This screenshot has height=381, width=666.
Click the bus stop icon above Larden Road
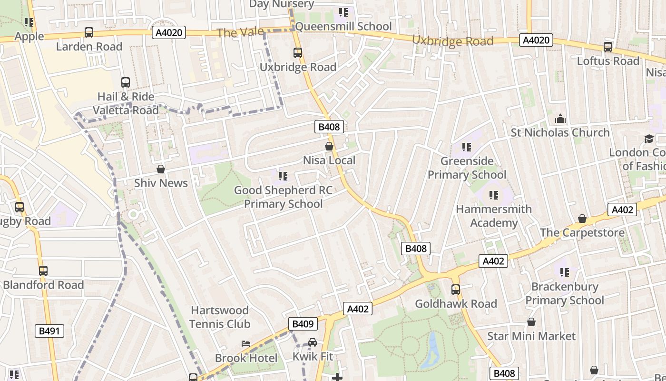click(x=89, y=32)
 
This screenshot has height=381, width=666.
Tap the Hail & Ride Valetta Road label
click(x=126, y=103)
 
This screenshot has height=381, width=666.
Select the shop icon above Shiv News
click(x=161, y=169)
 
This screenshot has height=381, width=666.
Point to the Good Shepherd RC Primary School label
click(x=283, y=197)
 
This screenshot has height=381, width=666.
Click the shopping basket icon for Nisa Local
click(x=329, y=146)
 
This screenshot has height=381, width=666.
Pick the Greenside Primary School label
click(x=467, y=168)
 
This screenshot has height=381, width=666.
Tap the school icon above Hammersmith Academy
click(x=494, y=195)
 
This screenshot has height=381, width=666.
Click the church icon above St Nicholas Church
click(x=560, y=118)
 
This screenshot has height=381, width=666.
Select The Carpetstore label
click(x=582, y=232)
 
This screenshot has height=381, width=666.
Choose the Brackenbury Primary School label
click(x=565, y=293)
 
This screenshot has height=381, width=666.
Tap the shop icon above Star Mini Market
click(x=531, y=322)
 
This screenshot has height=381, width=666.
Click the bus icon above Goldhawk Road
click(x=456, y=290)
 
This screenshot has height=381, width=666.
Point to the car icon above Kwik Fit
click(x=313, y=342)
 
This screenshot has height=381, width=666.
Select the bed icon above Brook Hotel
click(x=246, y=344)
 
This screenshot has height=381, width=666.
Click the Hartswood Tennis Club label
click(x=220, y=317)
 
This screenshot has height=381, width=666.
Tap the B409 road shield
click(x=303, y=324)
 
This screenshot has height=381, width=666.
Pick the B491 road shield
click(x=49, y=331)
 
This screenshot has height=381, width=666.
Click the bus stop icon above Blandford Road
click(x=43, y=271)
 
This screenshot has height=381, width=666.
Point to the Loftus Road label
click(x=608, y=61)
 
